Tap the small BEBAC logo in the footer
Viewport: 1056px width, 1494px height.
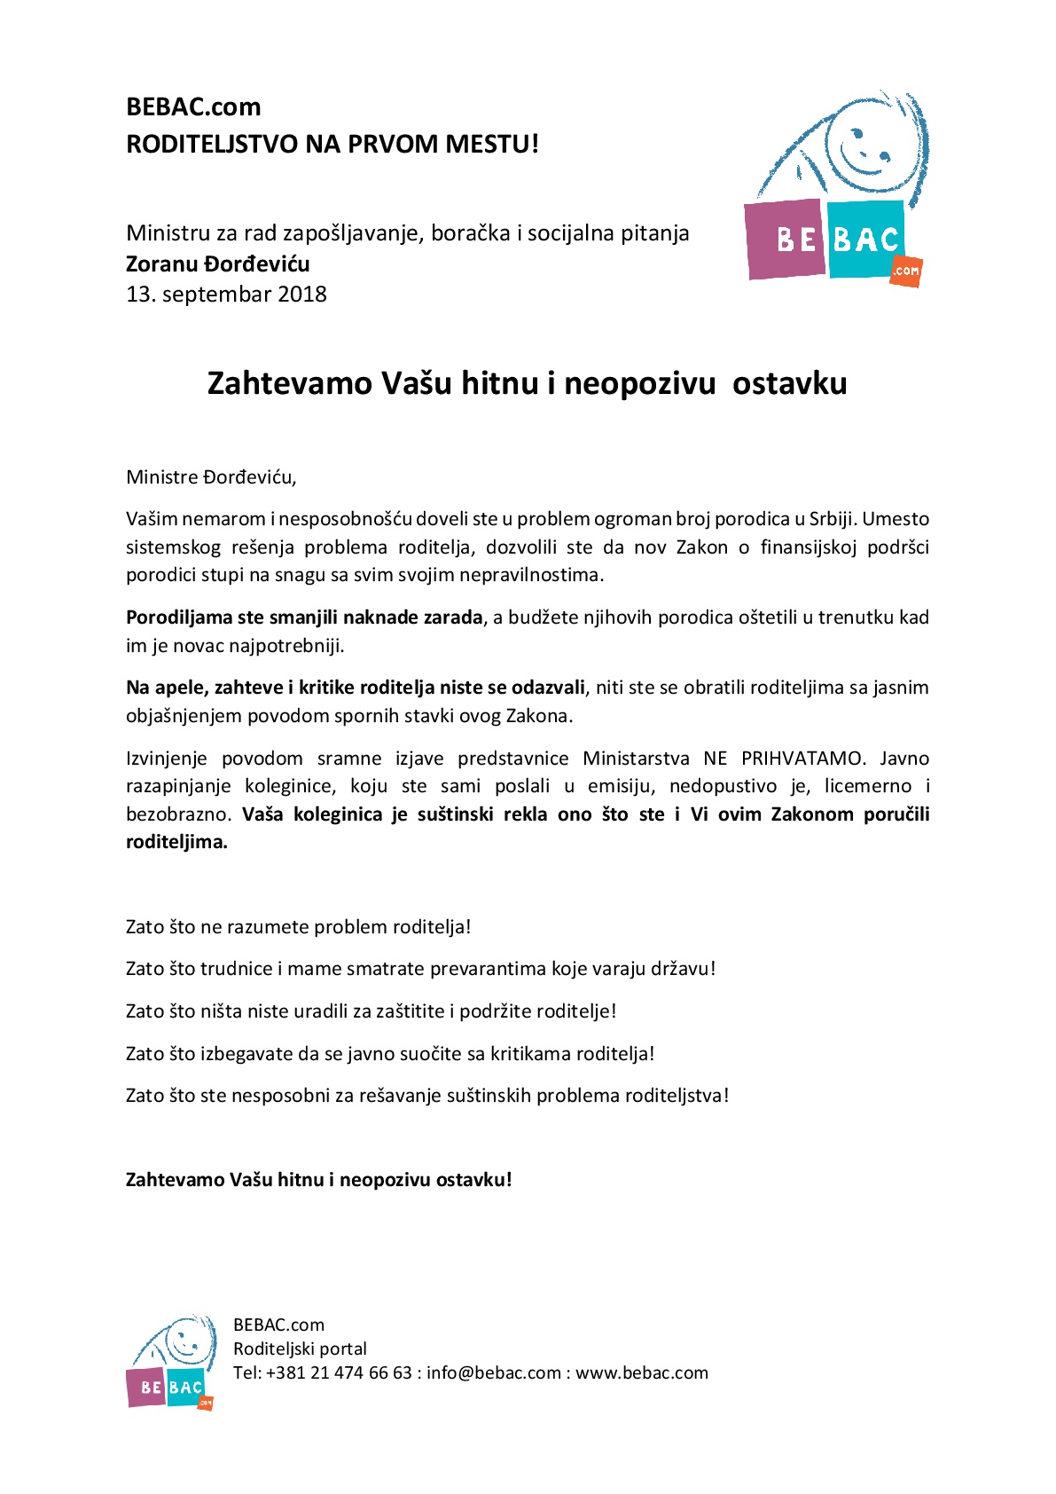tap(171, 1362)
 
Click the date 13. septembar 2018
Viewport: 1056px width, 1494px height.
tap(226, 295)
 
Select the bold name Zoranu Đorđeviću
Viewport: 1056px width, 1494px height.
tap(217, 264)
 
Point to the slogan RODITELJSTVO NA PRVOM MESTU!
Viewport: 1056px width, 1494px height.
tap(332, 144)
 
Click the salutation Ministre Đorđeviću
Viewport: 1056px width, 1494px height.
tap(210, 477)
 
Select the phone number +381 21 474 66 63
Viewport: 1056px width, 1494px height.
tap(339, 1372)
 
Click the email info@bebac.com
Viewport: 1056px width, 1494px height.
tap(493, 1372)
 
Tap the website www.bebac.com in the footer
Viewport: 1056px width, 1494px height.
tap(642, 1372)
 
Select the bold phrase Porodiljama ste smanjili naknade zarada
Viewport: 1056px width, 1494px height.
tap(304, 617)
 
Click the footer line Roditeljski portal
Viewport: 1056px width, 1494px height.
tap(300, 1349)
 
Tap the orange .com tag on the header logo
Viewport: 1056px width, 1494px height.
tap(906, 271)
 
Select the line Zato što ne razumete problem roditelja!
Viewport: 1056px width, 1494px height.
tap(298, 927)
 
